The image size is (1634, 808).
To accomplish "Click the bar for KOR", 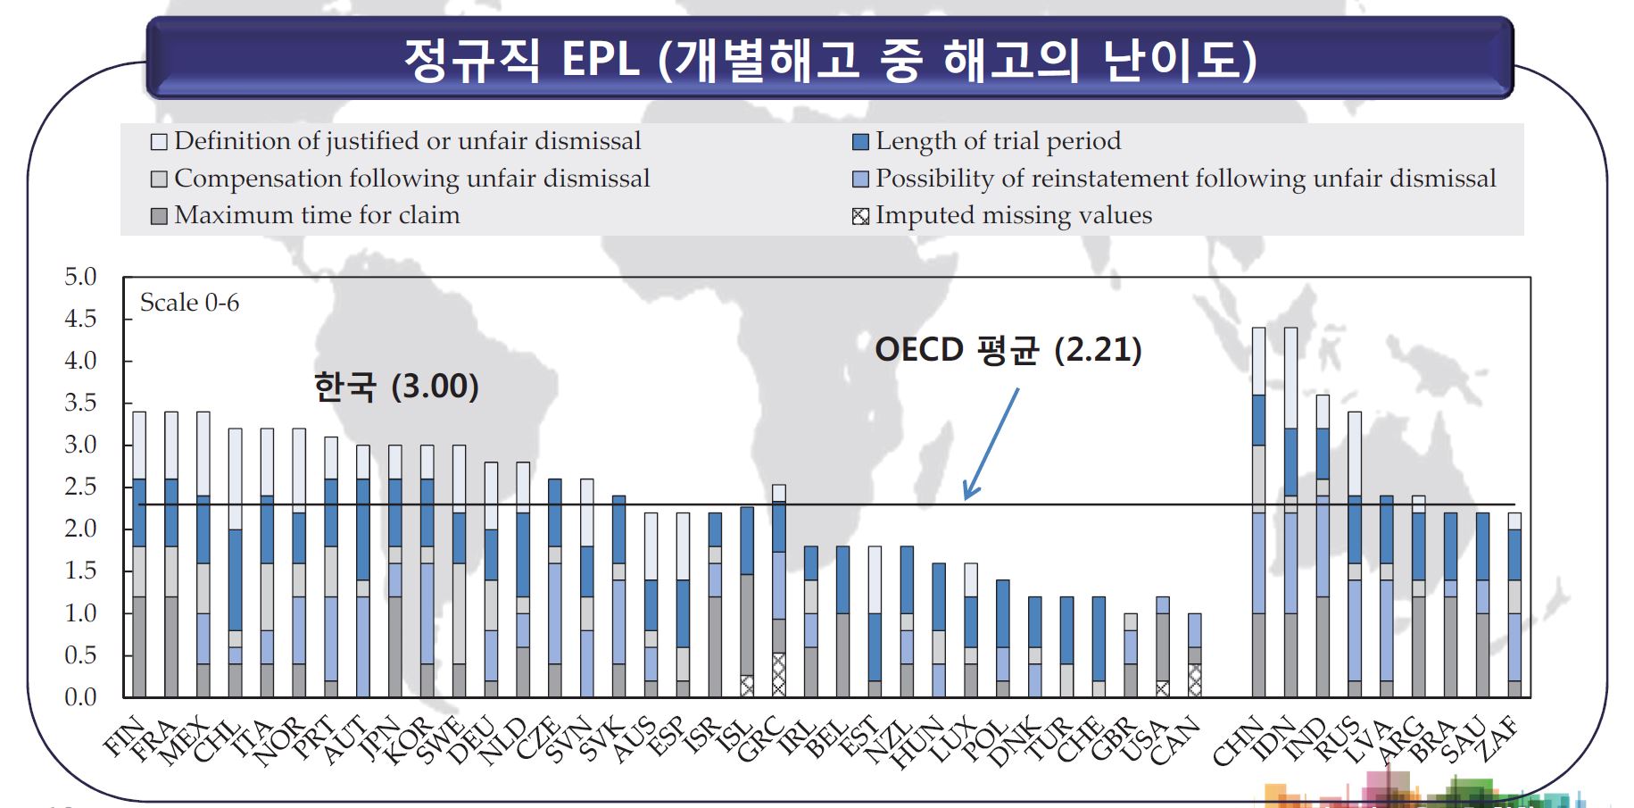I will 427,571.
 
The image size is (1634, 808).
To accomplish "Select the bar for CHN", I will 1258,512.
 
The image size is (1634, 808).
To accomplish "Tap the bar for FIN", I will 139,554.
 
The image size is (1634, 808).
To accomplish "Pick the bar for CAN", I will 1194,655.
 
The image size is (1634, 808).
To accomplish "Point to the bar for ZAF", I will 1514,605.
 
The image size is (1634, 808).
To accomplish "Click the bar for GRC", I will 778,591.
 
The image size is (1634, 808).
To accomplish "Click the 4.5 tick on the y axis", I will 80,319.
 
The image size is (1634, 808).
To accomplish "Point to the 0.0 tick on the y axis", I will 80,697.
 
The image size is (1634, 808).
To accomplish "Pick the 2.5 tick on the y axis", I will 80,487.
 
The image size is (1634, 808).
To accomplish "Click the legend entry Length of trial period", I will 987,141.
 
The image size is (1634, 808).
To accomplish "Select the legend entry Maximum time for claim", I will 306,215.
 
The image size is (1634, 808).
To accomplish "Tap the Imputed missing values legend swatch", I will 860,216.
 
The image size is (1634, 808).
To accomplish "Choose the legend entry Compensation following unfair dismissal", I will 401,179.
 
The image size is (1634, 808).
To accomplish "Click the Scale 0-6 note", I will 189,303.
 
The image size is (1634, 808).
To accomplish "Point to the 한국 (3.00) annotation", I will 396,387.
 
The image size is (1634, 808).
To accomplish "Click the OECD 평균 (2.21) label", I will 1008,349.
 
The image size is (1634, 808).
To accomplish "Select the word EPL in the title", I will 600,60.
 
